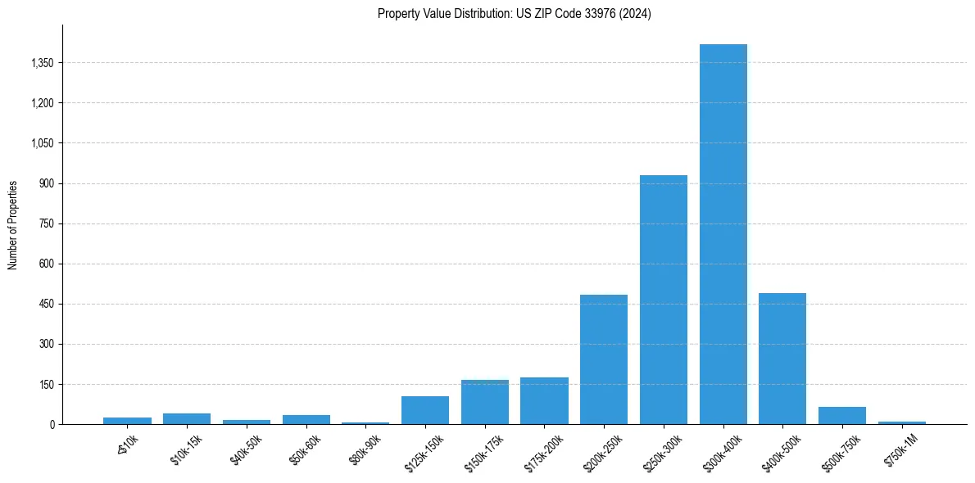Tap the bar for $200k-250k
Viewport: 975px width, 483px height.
click(x=604, y=359)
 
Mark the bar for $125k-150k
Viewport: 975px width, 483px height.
click(x=424, y=410)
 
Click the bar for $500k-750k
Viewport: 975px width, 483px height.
click(x=841, y=416)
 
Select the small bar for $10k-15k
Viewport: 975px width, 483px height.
click(x=186, y=419)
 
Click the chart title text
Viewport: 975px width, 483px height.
click(x=514, y=14)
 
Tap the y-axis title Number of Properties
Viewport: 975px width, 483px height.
click(x=13, y=225)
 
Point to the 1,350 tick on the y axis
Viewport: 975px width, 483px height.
click(x=41, y=63)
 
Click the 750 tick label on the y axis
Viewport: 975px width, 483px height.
click(x=46, y=223)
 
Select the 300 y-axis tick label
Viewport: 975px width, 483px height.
click(x=46, y=345)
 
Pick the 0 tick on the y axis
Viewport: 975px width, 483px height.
click(x=51, y=425)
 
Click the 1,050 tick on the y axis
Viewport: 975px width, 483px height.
click(x=41, y=143)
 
